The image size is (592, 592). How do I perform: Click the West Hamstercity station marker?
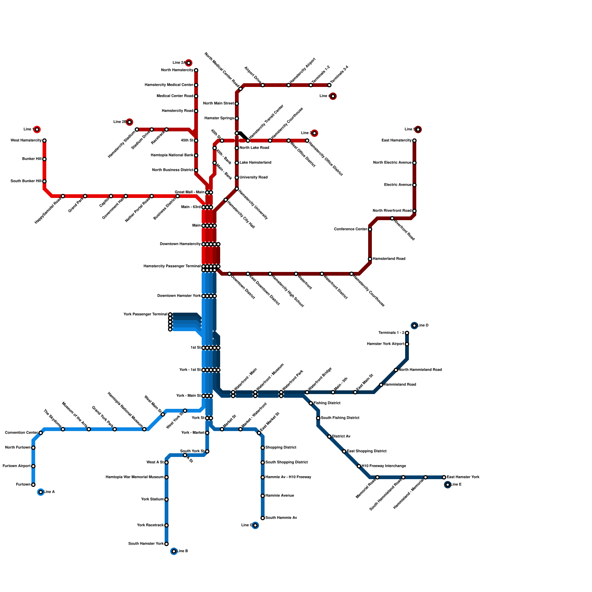point(44,141)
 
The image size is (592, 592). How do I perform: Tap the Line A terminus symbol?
point(41,492)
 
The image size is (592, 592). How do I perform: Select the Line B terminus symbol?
point(174,551)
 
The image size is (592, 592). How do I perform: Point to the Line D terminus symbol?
point(414,326)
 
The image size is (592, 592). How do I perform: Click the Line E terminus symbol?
point(448,485)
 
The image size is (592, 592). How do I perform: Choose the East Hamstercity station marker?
point(414,141)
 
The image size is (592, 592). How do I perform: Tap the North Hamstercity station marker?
point(196,70)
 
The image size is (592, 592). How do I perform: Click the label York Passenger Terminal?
point(145,314)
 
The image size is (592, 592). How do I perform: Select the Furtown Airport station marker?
point(33,466)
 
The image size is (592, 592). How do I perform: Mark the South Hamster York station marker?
point(166,544)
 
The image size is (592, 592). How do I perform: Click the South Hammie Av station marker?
point(263,518)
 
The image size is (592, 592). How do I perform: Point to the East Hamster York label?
point(463,477)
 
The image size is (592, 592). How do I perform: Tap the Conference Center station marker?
point(370,229)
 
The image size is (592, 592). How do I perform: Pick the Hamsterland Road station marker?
point(370,259)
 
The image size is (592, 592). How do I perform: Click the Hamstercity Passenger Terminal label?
point(172,266)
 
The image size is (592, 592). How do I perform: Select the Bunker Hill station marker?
point(44,159)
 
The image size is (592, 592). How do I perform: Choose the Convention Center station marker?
point(41,433)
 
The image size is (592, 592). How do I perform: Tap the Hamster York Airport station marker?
point(407,344)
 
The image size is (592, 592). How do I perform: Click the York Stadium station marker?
point(166,499)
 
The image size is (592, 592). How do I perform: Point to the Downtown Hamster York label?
point(179,296)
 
